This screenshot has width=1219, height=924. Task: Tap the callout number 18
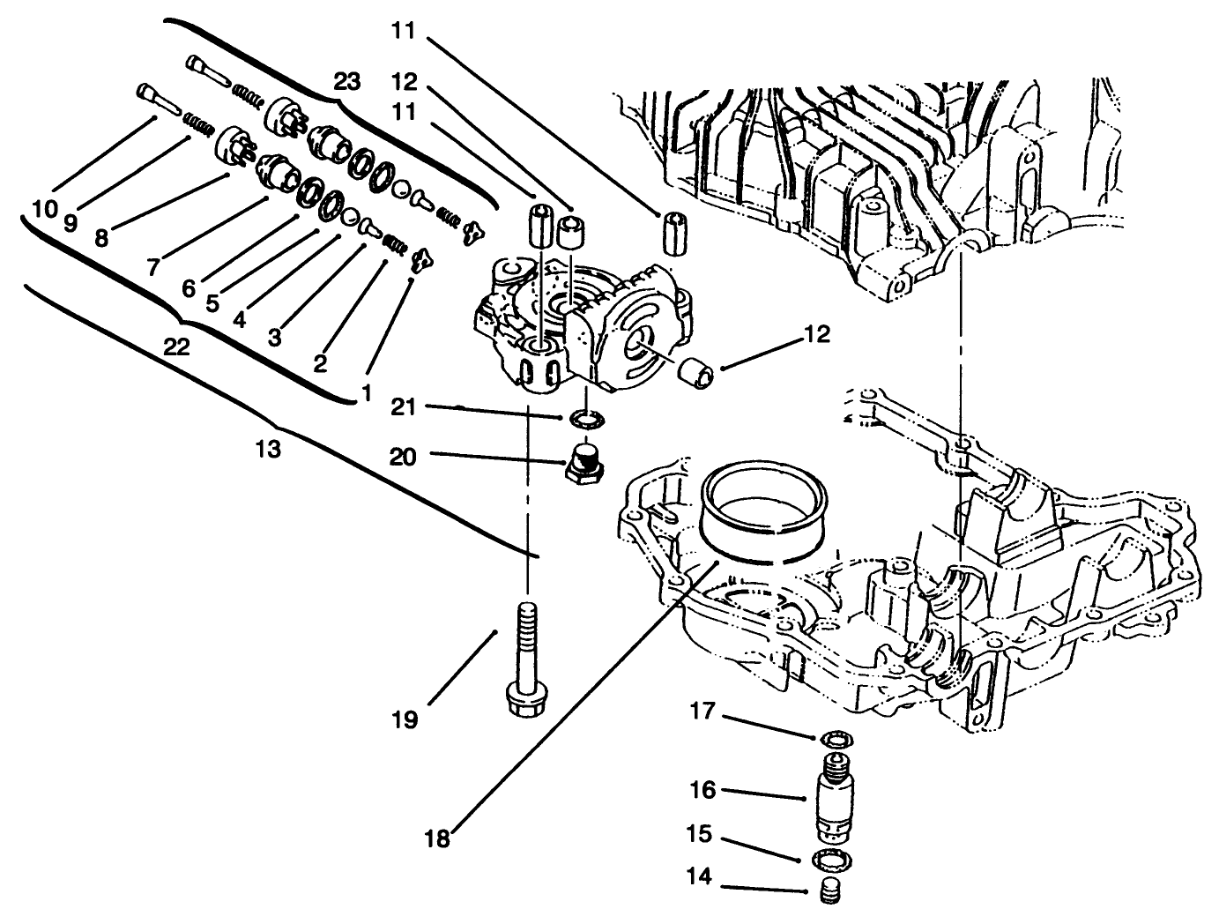coord(437,838)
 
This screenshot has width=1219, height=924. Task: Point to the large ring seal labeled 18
coord(765,515)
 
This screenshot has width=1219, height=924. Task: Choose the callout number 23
coord(347,82)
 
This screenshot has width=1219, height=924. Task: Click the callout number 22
coord(176,348)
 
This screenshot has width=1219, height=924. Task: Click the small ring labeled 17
coord(833,737)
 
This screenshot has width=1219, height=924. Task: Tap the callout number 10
coord(45,210)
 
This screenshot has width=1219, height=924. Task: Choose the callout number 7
coord(154,265)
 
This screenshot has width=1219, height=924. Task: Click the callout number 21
coord(405,407)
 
